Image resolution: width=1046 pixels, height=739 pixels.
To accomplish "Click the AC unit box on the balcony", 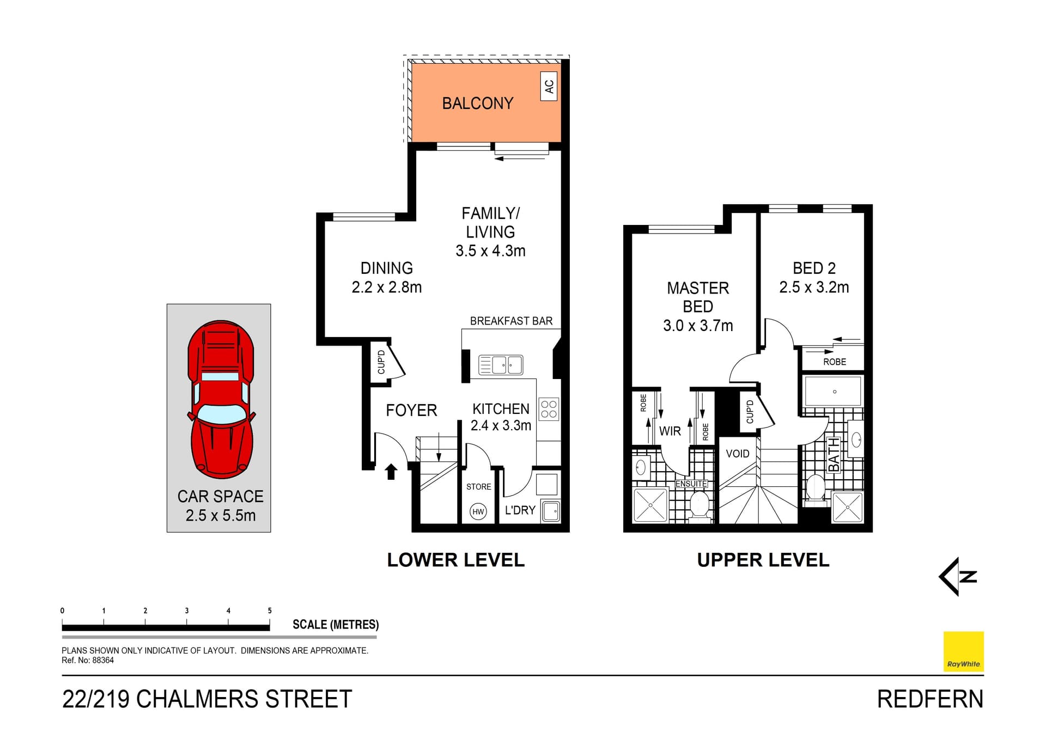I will click(549, 86).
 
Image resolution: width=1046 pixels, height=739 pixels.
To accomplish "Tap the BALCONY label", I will click(477, 103).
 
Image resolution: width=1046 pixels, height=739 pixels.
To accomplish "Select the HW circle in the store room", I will click(478, 511).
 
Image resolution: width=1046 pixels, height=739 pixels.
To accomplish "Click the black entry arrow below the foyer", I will click(391, 472).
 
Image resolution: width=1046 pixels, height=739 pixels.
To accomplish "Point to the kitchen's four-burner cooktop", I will click(549, 409).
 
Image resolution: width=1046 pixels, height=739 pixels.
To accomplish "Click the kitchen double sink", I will click(501, 365).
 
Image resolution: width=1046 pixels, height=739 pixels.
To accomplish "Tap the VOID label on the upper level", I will click(737, 454).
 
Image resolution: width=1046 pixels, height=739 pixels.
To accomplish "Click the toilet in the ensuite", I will click(699, 504).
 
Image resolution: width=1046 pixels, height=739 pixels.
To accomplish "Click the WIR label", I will click(670, 431).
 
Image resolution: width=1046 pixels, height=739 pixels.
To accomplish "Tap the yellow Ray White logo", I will click(963, 651).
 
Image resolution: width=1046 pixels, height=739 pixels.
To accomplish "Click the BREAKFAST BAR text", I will click(511, 321).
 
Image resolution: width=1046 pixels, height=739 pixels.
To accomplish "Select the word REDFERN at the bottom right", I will click(929, 699).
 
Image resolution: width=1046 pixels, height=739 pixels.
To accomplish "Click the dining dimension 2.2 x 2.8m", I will click(386, 288).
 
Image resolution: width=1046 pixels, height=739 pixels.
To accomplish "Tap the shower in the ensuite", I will click(650, 505).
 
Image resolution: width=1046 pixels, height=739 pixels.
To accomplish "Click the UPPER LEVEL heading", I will click(763, 560).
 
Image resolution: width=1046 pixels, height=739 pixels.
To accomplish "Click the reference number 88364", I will click(103, 661).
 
